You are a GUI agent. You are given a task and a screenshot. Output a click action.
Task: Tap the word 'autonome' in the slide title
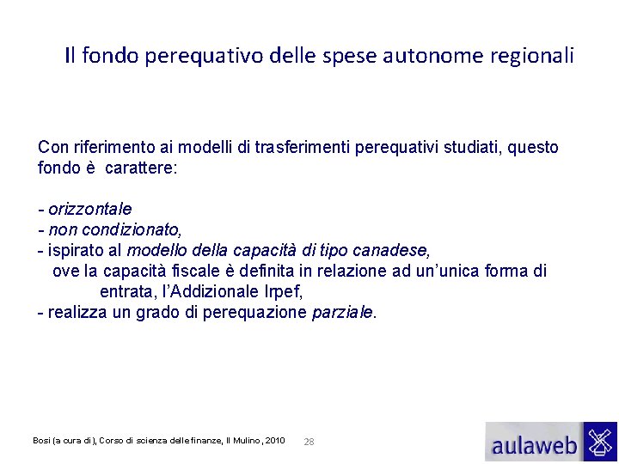point(407,57)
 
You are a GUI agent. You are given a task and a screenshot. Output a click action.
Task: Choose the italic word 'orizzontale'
point(90,210)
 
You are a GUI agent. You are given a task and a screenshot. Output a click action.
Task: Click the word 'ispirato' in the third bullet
point(77,251)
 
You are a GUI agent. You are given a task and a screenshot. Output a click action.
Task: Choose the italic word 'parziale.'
point(344,313)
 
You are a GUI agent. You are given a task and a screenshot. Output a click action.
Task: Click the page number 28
point(309,442)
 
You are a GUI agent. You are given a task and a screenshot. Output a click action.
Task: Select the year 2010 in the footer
point(275,441)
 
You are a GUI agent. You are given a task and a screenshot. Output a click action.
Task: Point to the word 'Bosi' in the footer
point(41,441)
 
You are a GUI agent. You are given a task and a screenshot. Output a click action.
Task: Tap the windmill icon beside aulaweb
point(599,442)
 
